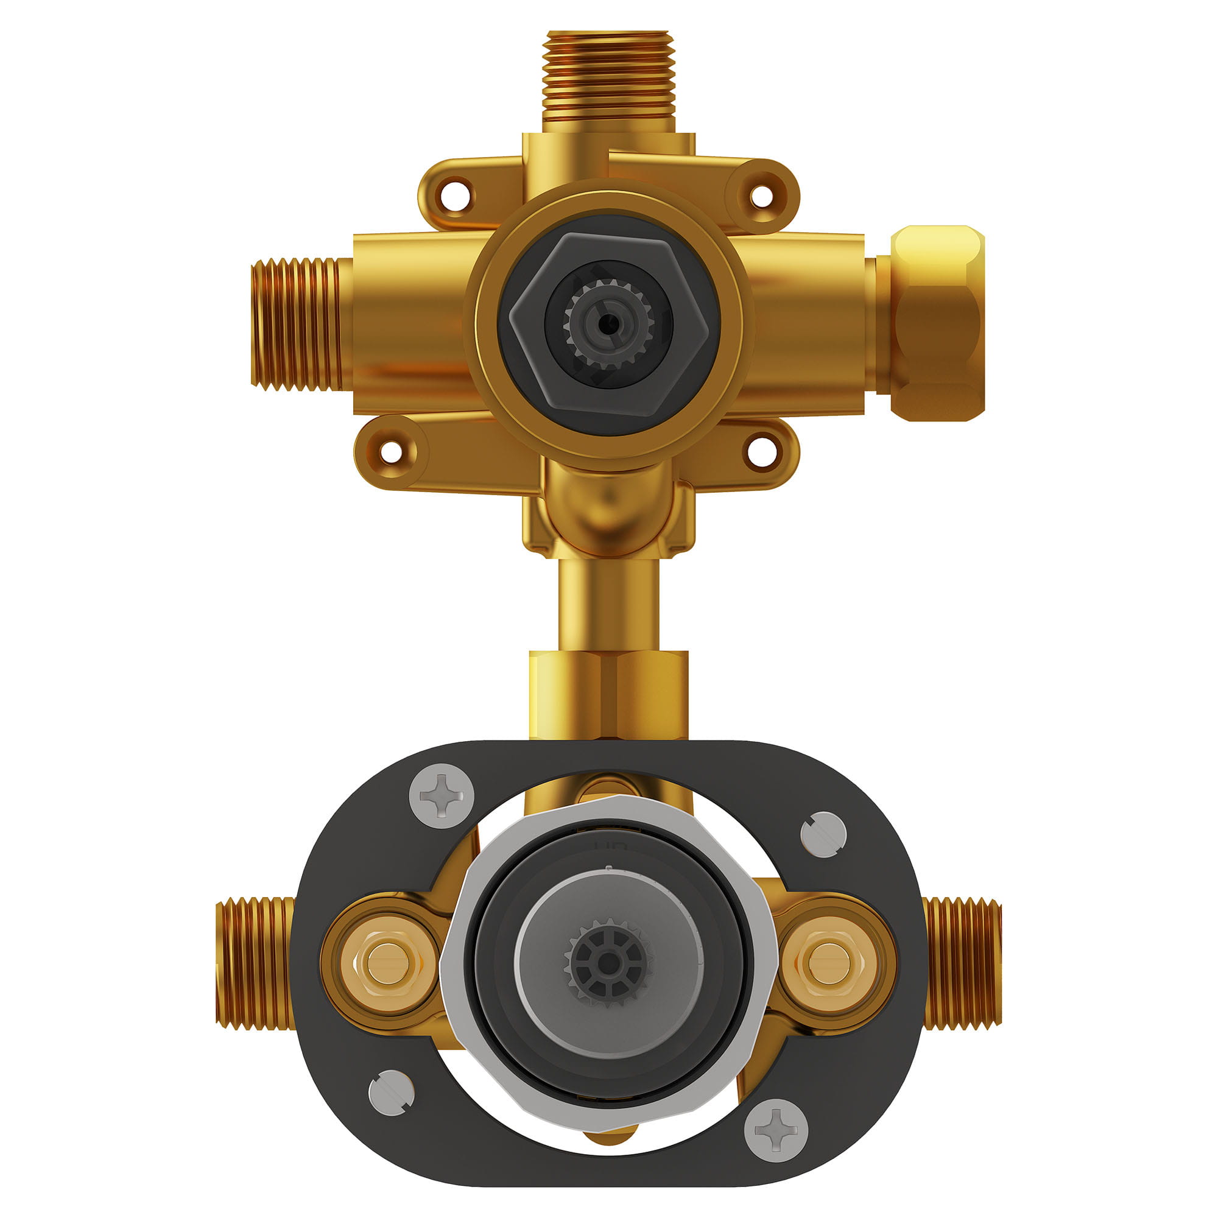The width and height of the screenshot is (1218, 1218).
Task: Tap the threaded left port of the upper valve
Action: (297, 323)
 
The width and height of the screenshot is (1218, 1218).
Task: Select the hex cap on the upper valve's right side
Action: (937, 323)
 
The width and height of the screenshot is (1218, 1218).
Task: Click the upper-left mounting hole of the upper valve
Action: (455, 195)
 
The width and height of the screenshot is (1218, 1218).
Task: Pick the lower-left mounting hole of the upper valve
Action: (392, 451)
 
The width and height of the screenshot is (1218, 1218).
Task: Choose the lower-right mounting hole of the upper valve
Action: (762, 451)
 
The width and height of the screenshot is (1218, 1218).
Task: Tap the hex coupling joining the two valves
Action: (608, 695)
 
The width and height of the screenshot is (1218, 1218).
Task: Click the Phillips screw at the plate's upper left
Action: (442, 795)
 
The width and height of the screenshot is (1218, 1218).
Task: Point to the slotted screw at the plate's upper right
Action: (823, 834)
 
